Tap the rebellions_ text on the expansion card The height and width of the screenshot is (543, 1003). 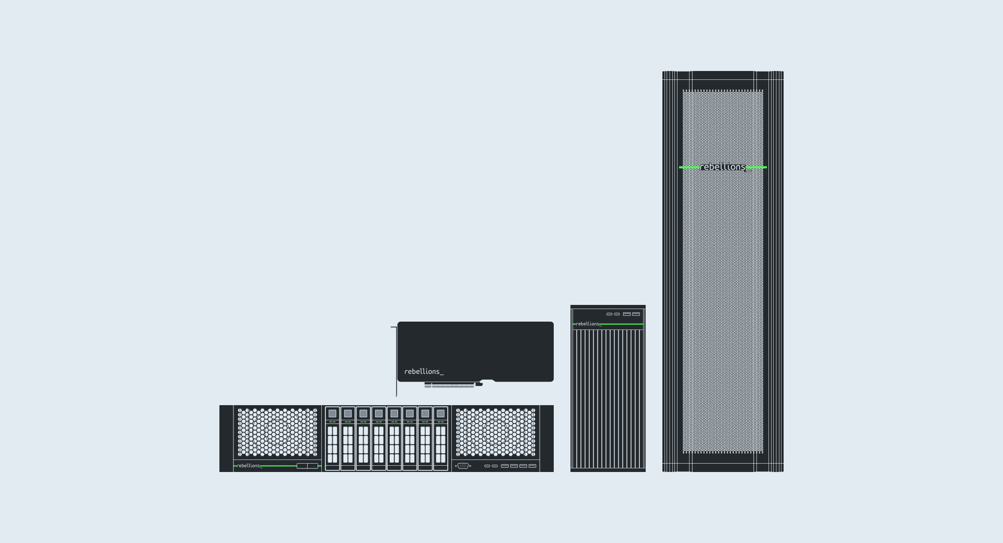tap(424, 372)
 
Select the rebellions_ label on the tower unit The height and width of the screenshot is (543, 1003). tap(589, 324)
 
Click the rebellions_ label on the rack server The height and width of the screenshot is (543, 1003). tap(249, 466)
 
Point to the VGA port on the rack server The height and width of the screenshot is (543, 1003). tap(463, 466)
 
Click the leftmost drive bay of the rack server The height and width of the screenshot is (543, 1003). tap(332, 439)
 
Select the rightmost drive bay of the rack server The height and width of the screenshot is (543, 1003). tap(440, 439)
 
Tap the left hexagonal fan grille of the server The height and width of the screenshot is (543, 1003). tap(277, 432)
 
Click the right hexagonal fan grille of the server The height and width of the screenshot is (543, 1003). tap(496, 432)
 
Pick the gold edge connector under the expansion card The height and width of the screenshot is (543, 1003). tap(449, 385)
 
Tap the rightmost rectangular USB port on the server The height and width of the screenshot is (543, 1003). tap(532, 466)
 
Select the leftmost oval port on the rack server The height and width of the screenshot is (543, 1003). tap(487, 466)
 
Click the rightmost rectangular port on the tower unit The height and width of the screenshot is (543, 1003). tap(636, 314)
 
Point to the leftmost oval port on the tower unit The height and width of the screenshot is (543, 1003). tap(609, 314)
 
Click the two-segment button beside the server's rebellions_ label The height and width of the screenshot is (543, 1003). tap(307, 466)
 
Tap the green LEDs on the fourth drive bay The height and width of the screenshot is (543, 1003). tap(379, 422)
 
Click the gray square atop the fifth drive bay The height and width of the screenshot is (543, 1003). tap(394, 414)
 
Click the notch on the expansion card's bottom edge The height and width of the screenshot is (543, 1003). tap(487, 381)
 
